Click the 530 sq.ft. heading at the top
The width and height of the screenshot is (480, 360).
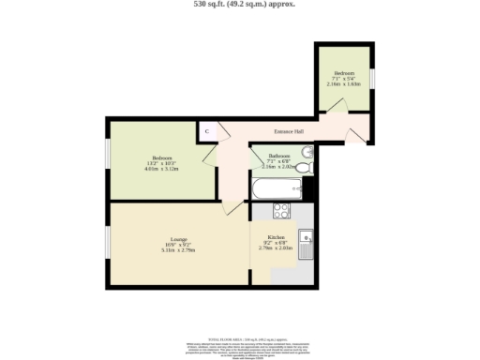(240, 4)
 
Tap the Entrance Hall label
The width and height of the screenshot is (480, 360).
(288, 131)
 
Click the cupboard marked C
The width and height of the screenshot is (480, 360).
(206, 132)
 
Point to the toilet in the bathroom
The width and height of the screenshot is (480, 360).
(307, 166)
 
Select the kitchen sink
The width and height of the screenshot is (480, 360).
(306, 242)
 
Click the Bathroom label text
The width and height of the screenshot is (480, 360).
(278, 155)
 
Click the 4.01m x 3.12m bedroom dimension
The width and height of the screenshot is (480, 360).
(161, 169)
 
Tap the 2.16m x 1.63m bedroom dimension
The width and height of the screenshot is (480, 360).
(344, 83)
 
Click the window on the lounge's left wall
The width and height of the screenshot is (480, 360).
(107, 242)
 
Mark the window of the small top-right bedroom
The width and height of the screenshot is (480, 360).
(372, 78)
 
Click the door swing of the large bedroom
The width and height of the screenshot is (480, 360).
(224, 154)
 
